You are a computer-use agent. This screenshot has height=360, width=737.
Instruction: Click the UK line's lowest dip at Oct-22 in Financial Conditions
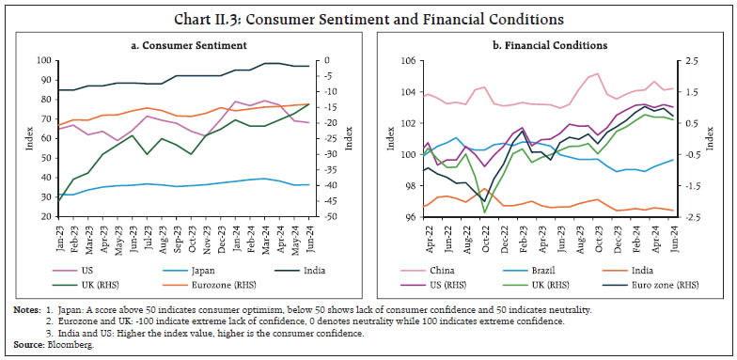485,212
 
